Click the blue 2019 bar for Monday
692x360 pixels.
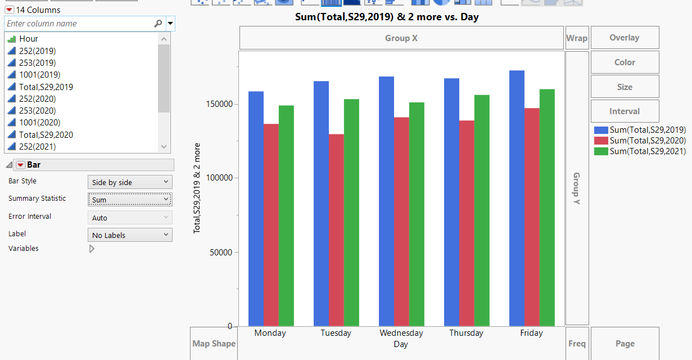pyautogui.click(x=256, y=208)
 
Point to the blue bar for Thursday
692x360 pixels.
pyautogui.click(x=451, y=202)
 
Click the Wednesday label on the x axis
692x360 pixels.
pyautogui.click(x=401, y=333)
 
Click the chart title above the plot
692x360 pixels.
pyautogui.click(x=387, y=17)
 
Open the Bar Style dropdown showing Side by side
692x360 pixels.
pyautogui.click(x=130, y=182)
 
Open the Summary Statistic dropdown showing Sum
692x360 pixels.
pyautogui.click(x=130, y=200)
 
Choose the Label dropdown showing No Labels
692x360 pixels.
pyautogui.click(x=130, y=235)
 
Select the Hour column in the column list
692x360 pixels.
pyautogui.click(x=29, y=39)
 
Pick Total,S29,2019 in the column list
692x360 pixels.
pyautogui.click(x=46, y=87)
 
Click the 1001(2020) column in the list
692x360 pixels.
pyautogui.click(x=39, y=123)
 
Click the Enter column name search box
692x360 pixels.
pyautogui.click(x=79, y=24)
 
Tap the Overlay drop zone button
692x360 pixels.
pyautogui.click(x=625, y=38)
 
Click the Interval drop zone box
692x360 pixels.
pyautogui.click(x=625, y=111)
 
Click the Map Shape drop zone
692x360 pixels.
pyautogui.click(x=214, y=344)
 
